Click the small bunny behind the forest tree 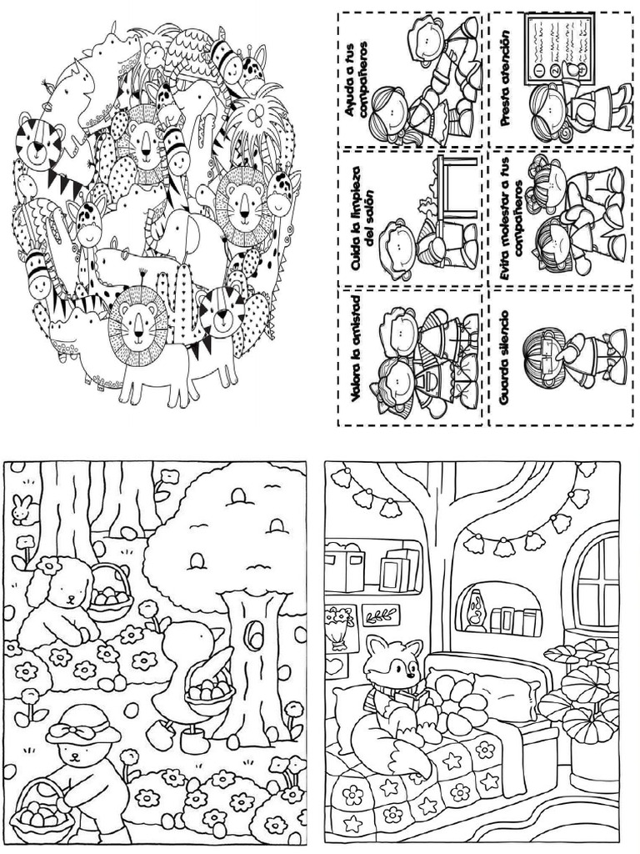[x=23, y=510]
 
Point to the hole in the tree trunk [x=253, y=634]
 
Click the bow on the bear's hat [x=82, y=728]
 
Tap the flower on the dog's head [x=50, y=566]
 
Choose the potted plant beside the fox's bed [x=583, y=702]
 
